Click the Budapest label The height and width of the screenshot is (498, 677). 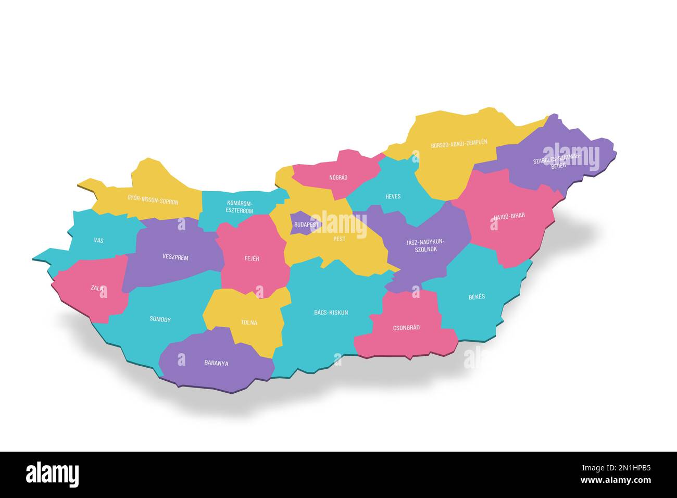point(306,225)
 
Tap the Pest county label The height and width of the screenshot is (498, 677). point(339,239)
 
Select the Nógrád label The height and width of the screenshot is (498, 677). point(338,178)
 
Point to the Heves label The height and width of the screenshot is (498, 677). point(393,196)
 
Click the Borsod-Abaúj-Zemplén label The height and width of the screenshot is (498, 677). point(459,143)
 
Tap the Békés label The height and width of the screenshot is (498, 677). point(477,296)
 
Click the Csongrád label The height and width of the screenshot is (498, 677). point(406,328)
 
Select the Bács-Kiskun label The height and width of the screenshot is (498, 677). point(331,313)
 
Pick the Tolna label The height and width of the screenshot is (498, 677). point(249,322)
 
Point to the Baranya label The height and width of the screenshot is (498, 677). point(216,364)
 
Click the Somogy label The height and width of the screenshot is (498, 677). point(160,319)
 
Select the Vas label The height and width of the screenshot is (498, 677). point(98,241)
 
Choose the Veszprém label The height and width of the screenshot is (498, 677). point(175,257)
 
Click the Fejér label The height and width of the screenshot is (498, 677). point(252,258)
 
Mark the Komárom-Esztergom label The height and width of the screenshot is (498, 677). point(240,207)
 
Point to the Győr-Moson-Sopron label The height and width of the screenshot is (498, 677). point(153,200)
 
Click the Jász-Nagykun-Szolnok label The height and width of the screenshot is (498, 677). point(425,245)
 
